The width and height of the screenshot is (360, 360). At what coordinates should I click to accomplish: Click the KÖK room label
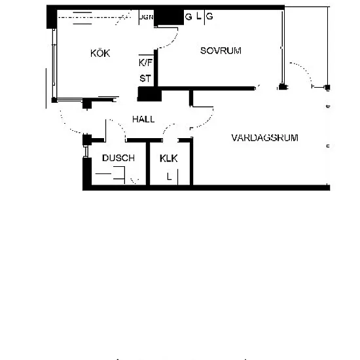[100, 53]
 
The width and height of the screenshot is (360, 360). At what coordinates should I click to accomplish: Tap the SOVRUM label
[221, 50]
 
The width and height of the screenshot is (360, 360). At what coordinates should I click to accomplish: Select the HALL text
[143, 119]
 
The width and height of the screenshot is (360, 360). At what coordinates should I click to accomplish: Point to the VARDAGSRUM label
[264, 137]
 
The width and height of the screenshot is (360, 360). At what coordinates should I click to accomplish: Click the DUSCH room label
[118, 158]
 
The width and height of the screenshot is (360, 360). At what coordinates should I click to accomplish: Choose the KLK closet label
[168, 158]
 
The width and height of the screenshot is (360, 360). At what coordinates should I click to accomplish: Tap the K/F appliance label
[145, 62]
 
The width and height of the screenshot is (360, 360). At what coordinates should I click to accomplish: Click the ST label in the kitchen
[145, 79]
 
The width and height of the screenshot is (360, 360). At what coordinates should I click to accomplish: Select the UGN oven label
[147, 17]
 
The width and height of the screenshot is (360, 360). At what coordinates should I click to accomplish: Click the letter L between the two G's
[199, 16]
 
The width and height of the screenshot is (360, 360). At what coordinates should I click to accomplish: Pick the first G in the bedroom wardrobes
[189, 17]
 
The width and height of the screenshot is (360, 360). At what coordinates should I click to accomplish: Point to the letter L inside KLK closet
[170, 177]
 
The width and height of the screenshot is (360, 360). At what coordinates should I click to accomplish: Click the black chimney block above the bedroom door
[169, 18]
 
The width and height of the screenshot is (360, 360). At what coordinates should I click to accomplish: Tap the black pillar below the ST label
[149, 94]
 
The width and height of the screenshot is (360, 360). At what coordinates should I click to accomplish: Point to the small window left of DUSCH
[86, 152]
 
